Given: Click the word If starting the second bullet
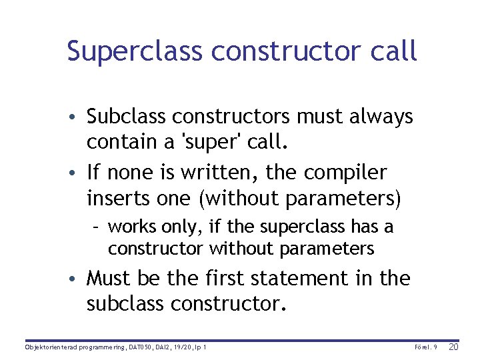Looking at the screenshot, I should (93, 173).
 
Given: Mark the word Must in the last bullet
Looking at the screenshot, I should (109, 278).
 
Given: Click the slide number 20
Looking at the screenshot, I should (453, 347).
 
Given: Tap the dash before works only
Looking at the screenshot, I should (97, 228).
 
